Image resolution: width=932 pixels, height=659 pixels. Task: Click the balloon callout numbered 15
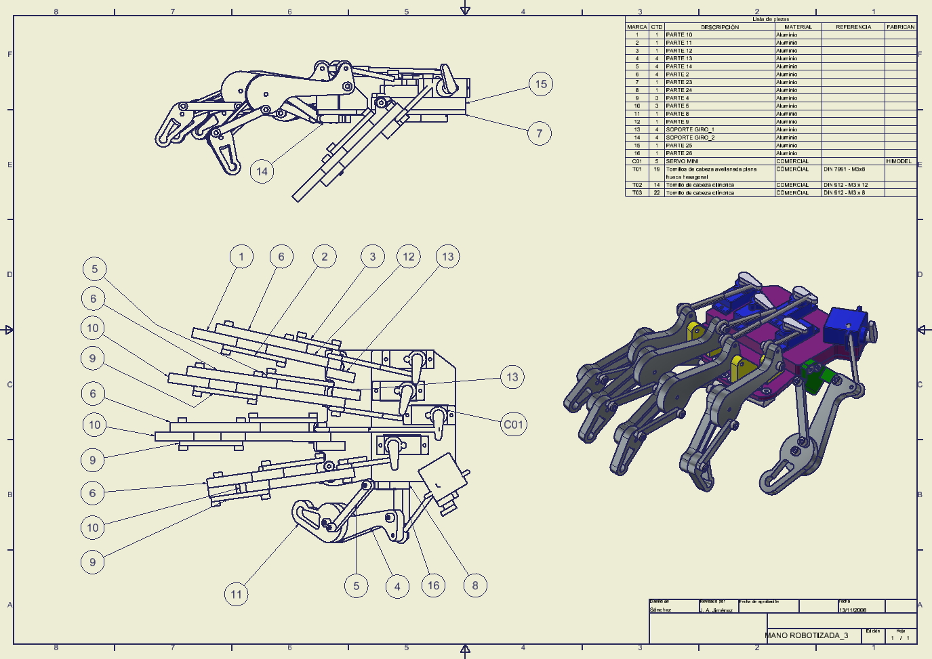540,84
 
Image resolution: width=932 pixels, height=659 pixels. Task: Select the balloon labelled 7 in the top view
539,133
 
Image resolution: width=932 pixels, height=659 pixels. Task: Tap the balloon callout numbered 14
262,171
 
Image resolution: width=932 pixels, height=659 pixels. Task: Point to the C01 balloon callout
513,425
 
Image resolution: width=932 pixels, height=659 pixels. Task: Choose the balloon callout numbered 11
236,595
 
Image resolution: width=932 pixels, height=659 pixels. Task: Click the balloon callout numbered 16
433,586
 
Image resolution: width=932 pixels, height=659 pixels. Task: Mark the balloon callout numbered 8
474,586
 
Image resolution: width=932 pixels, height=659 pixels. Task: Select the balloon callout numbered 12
408,257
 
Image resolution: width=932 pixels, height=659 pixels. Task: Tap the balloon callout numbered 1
241,257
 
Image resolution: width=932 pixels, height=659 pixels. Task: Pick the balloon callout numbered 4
397,587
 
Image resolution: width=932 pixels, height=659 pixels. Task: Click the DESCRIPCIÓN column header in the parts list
719,27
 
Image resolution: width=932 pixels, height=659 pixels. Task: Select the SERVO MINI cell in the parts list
682,161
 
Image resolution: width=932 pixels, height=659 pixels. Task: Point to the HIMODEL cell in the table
899,161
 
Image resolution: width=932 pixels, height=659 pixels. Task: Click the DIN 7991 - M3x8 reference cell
845,169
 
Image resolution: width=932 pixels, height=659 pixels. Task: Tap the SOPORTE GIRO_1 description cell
689,129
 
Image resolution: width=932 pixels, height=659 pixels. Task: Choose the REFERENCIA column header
853,27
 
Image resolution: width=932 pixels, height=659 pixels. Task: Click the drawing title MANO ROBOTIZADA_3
807,635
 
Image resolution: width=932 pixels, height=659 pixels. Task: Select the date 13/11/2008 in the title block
853,610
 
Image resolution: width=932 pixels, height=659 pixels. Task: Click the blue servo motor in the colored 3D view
845,326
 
